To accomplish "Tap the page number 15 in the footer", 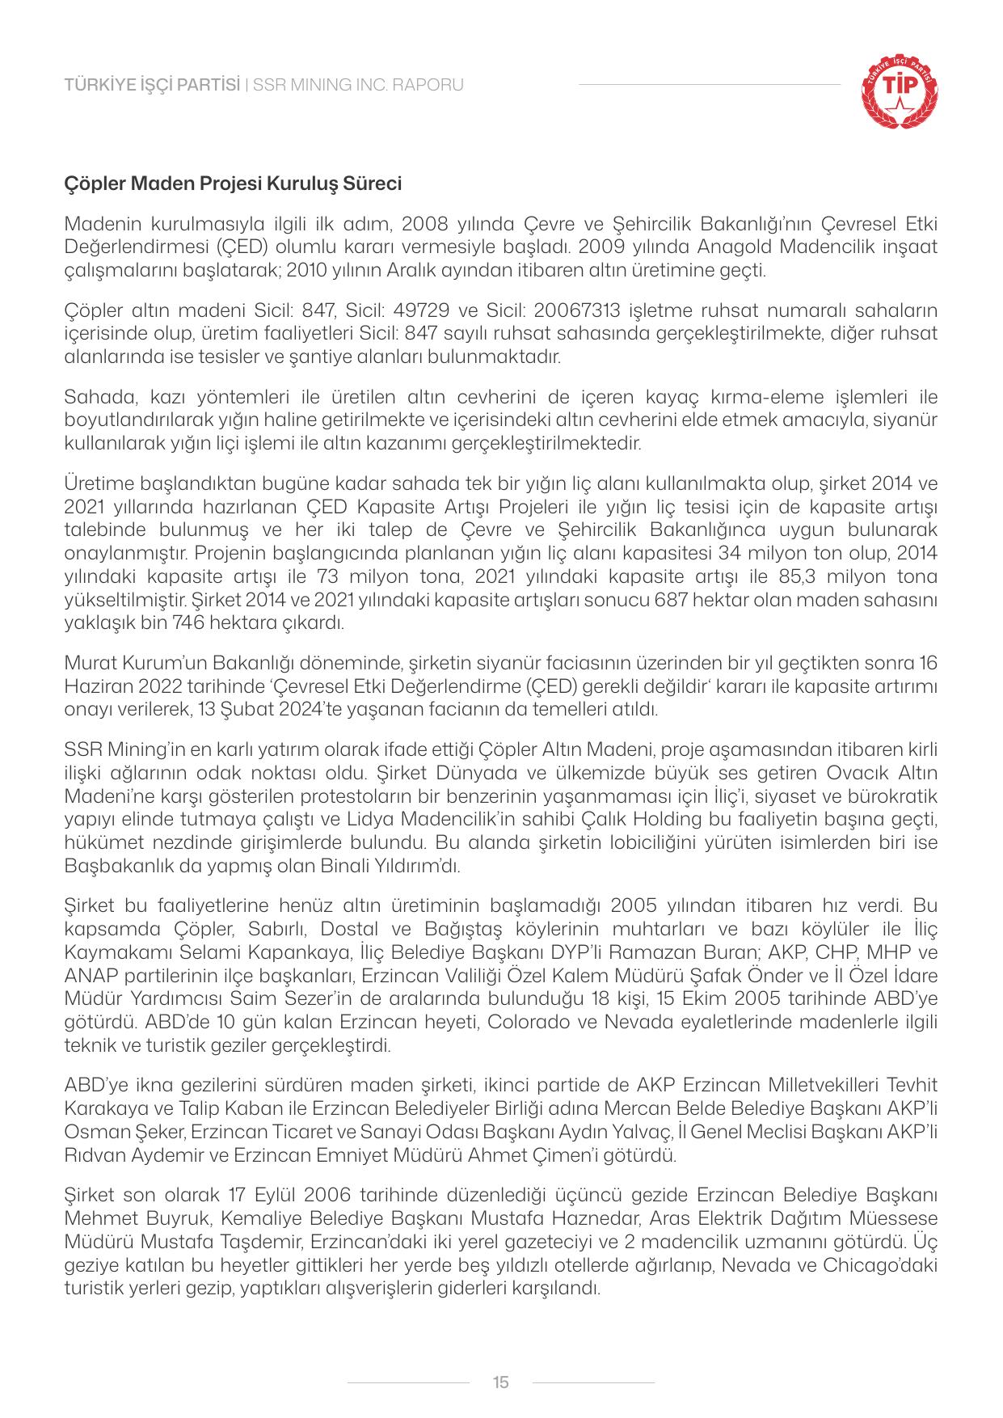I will pos(500,1382).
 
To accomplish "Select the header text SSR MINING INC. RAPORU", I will pos(358,85).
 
